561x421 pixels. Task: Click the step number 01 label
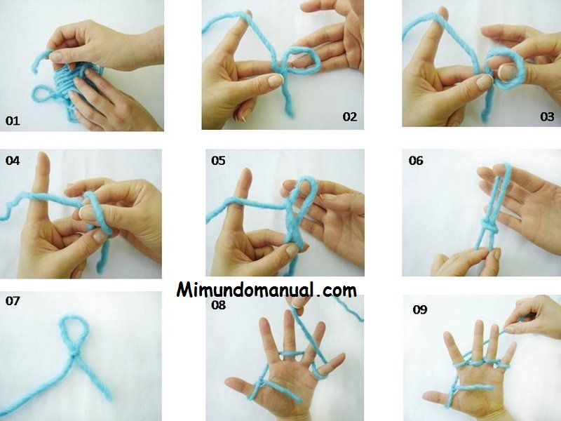12,121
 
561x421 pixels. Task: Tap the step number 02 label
349,116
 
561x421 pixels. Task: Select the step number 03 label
547,116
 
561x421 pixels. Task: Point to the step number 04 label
12,161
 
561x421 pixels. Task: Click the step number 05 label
218,161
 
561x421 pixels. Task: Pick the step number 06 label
416,161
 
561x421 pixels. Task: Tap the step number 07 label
12,301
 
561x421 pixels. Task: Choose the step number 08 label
218,305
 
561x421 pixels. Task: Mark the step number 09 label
419,309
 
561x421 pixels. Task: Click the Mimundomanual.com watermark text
266,290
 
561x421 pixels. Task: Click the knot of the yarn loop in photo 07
74,354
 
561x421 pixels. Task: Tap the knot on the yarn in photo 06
488,226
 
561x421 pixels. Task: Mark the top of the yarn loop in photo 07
74,316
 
